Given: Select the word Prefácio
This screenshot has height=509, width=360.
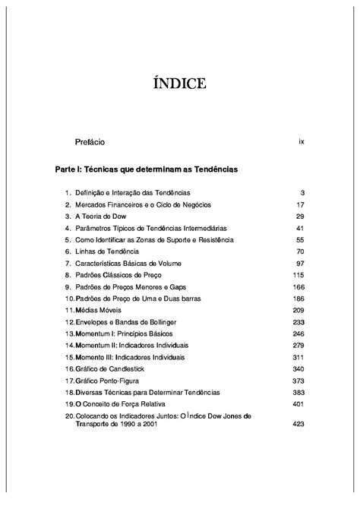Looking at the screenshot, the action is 90,142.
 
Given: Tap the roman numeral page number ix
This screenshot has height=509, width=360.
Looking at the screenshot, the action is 302,142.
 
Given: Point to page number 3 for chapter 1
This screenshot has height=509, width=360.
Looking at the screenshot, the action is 302,192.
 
